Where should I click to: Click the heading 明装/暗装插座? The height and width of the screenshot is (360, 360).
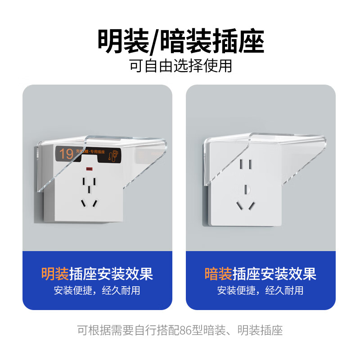tap(180, 41)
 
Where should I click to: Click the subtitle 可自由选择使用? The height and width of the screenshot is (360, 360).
tap(180, 66)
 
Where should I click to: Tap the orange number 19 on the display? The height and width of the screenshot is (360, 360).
tap(66, 154)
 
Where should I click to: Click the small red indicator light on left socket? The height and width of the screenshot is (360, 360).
tap(89, 169)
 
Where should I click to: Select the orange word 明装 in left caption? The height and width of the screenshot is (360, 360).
tap(55, 273)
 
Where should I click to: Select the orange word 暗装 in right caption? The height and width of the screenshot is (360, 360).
tap(218, 273)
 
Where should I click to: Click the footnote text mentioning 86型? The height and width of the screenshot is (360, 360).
tap(180, 331)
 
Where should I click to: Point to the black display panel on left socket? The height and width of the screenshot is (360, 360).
tap(89, 154)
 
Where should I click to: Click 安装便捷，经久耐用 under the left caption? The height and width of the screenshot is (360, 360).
tap(97, 290)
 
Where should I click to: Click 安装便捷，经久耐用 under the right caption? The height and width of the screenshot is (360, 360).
tap(261, 290)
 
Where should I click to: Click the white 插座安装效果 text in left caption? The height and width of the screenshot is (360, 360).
tap(111, 273)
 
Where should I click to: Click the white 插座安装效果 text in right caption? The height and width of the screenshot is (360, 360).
tap(274, 273)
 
